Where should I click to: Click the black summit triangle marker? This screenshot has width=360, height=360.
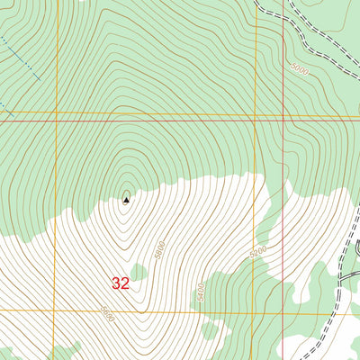coord(125,199)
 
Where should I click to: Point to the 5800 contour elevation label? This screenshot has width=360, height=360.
coord(159,246)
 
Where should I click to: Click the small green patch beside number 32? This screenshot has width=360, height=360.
coord(139,271)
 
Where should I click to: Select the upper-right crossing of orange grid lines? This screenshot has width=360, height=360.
coord(256,116)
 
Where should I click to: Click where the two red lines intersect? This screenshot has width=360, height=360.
coord(283,117)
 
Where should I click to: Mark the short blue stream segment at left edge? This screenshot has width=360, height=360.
coord(3,104)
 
